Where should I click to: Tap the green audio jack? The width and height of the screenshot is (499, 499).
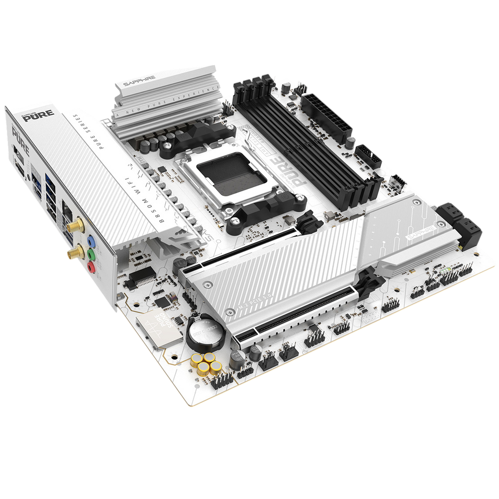[x=91, y=254]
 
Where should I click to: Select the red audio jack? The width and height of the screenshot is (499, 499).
[x=91, y=267]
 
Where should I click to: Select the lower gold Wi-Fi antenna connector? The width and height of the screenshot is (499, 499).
[x=72, y=253]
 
